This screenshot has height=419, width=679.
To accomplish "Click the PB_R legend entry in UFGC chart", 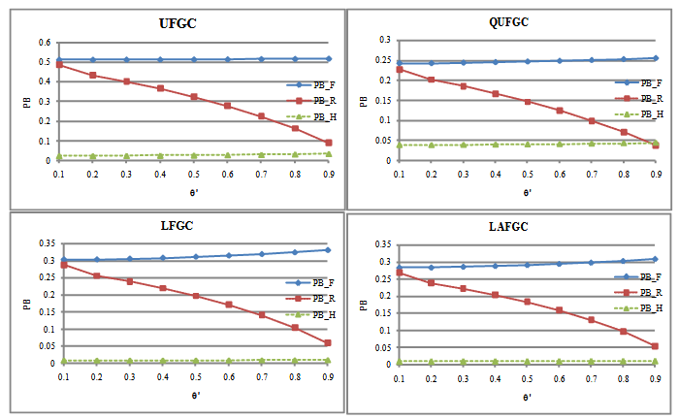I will point(313,100).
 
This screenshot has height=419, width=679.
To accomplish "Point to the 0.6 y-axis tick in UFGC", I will point(43,43).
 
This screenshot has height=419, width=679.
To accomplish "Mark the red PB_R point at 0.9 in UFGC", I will point(329,143).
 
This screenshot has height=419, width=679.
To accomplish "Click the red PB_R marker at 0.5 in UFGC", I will point(194,97).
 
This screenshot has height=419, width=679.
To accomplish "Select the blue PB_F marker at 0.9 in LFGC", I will point(329,249).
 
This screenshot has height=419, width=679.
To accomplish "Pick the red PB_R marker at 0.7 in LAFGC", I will point(592,319).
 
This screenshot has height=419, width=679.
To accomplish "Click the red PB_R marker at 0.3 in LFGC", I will point(127,281).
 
